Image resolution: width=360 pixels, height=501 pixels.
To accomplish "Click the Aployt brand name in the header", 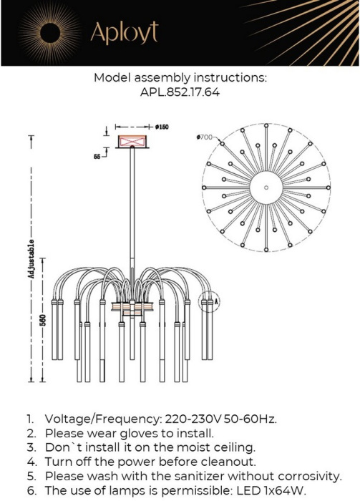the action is pyautogui.click(x=125, y=33).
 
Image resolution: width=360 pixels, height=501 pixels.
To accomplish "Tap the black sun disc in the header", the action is pyautogui.click(x=51, y=33).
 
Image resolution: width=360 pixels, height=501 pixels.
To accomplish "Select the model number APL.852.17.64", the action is pyautogui.click(x=180, y=92).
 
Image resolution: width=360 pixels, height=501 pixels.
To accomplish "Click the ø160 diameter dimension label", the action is pyautogui.click(x=162, y=127).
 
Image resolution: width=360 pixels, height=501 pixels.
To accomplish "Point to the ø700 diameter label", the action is pyautogui.click(x=205, y=137).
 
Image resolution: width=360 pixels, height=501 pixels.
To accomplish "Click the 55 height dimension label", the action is pyautogui.click(x=97, y=157).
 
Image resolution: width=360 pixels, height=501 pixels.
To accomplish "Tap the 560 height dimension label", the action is pyautogui.click(x=43, y=320).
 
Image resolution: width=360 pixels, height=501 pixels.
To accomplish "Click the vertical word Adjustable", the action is pyautogui.click(x=31, y=258).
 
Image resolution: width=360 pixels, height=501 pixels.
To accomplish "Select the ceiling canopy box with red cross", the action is pyautogui.click(x=132, y=142).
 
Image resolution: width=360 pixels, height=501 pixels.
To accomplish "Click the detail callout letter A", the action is pyautogui.click(x=217, y=301).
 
